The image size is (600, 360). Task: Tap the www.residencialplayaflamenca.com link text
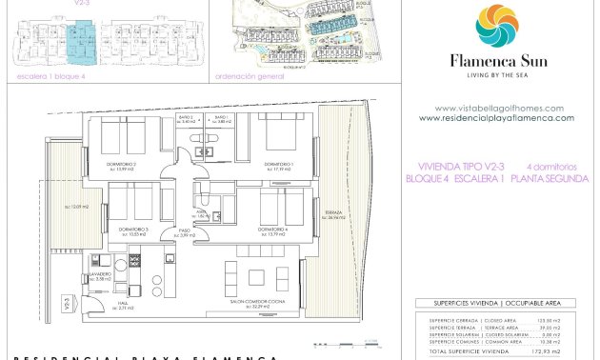click(496, 118)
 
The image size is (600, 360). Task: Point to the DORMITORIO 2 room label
click(121, 165)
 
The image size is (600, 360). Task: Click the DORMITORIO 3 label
click(133, 230)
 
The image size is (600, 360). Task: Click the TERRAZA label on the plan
click(332, 213)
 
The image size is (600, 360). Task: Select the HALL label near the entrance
click(123, 304)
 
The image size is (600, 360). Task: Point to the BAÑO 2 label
click(188, 118)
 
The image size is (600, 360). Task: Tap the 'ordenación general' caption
click(250, 75)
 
